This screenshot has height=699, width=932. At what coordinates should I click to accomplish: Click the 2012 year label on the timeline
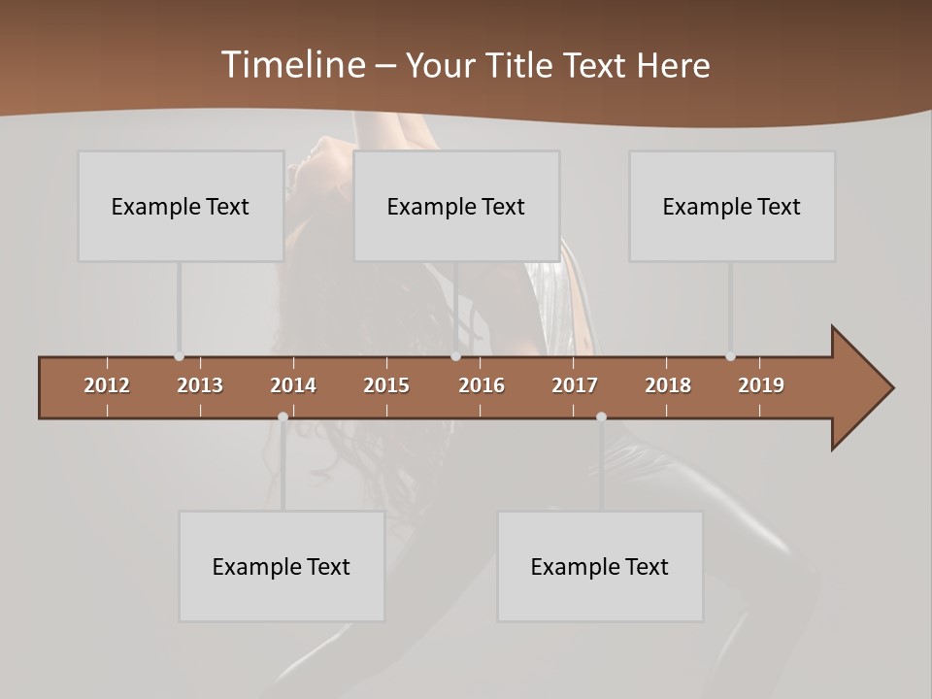pyautogui.click(x=107, y=385)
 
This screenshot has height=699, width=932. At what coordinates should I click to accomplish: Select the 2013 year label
pyautogui.click(x=200, y=385)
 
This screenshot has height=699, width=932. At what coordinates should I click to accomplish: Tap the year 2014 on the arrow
pyautogui.click(x=293, y=385)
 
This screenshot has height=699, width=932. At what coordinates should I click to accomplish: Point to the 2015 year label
pyautogui.click(x=386, y=385)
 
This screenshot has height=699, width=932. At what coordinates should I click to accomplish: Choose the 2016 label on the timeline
pyautogui.click(x=482, y=385)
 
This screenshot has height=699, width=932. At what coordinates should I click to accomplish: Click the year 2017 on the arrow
pyautogui.click(x=575, y=385)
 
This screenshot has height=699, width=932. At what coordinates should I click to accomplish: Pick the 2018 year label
pyautogui.click(x=668, y=385)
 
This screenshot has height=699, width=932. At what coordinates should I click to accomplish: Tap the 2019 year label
pyautogui.click(x=761, y=385)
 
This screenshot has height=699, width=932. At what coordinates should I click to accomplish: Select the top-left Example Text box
pyautogui.click(x=181, y=206)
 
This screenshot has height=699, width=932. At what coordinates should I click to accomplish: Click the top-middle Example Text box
pyautogui.click(x=456, y=206)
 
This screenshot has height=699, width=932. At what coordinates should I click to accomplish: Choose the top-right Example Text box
pyautogui.click(x=732, y=206)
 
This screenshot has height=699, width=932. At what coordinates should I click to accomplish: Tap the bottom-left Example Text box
pyautogui.click(x=282, y=566)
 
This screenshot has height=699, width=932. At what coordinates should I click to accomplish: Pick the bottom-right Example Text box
pyautogui.click(x=600, y=566)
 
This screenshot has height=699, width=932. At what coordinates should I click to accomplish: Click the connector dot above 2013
pyautogui.click(x=179, y=356)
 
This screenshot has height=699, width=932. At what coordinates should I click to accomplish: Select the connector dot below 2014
pyautogui.click(x=283, y=416)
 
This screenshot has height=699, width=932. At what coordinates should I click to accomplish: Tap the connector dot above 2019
pyautogui.click(x=730, y=356)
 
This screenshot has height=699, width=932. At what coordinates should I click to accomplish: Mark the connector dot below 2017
pyautogui.click(x=601, y=416)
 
